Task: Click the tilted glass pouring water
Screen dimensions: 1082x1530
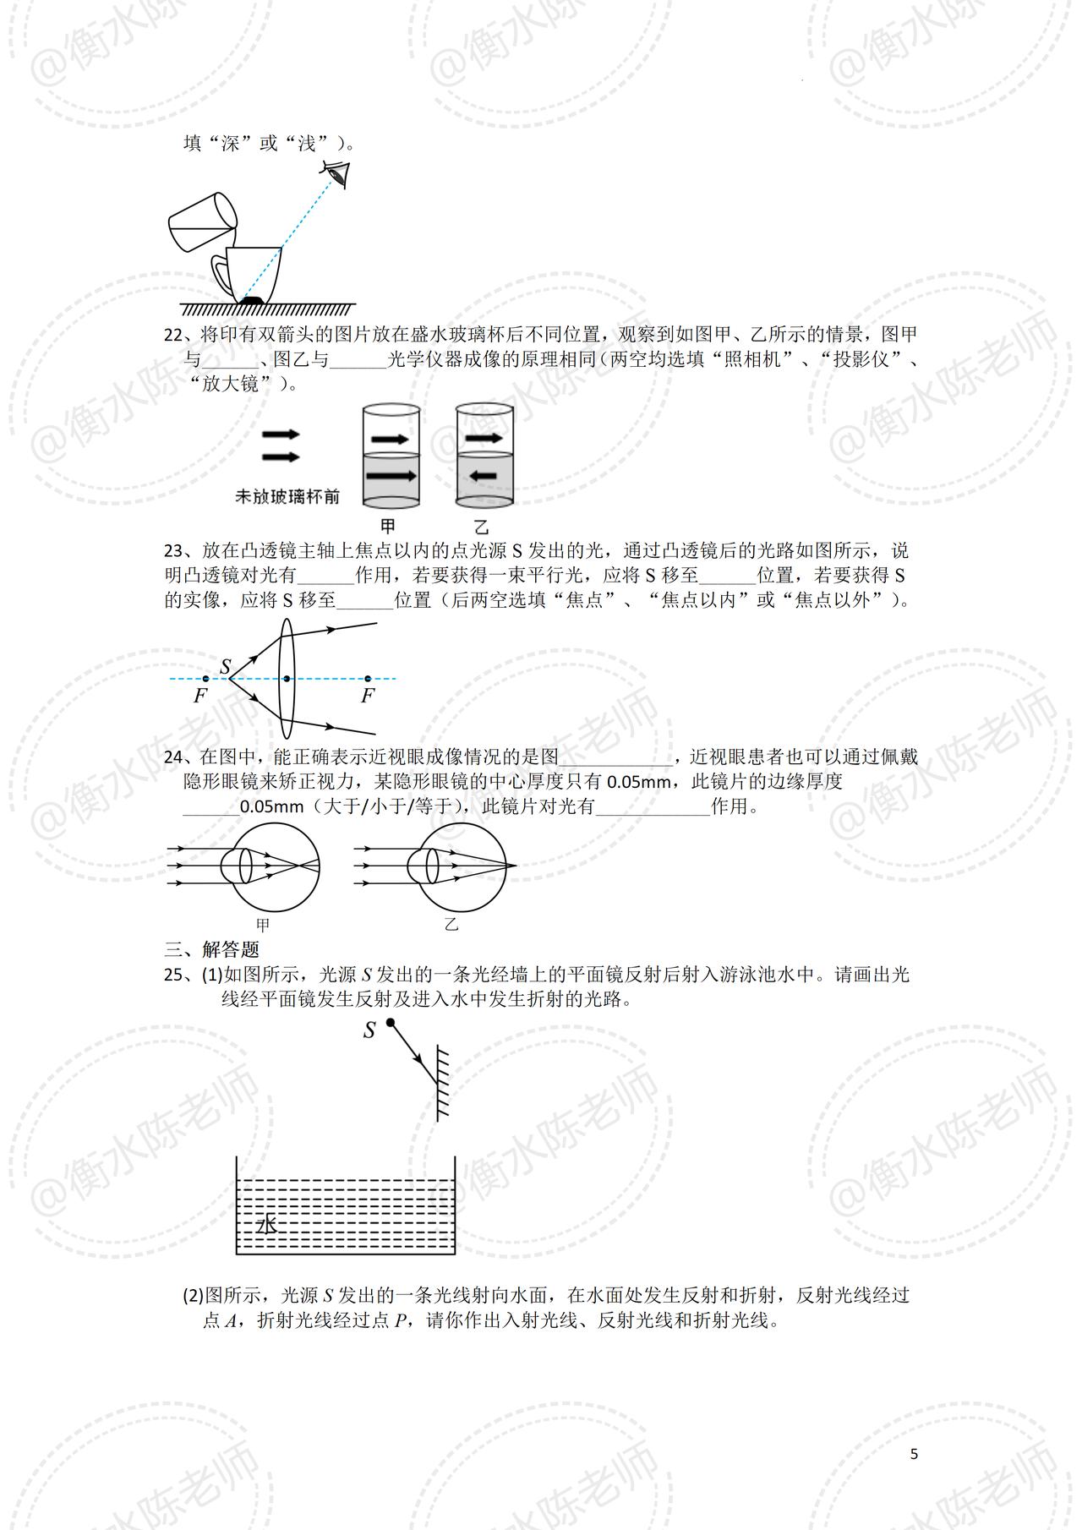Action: coord(203,221)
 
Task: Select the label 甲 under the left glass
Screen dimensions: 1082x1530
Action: coord(389,526)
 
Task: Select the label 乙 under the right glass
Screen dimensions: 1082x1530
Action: coord(482,526)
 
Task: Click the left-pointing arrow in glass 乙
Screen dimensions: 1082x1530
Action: coord(483,476)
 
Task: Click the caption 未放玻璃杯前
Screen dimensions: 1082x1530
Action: coord(287,497)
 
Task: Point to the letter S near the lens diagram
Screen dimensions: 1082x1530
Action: coord(226,666)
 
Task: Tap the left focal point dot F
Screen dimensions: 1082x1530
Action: coord(205,679)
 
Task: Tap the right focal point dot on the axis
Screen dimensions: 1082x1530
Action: coord(368,679)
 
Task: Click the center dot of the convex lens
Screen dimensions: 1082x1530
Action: coord(287,679)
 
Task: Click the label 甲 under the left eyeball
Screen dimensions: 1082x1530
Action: coord(263,925)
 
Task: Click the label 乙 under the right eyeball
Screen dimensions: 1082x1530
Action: coord(451,925)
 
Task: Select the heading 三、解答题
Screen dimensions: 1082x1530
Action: coord(211,949)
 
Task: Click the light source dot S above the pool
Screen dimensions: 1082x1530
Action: coord(390,1023)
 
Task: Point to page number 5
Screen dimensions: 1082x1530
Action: coord(914,1454)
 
